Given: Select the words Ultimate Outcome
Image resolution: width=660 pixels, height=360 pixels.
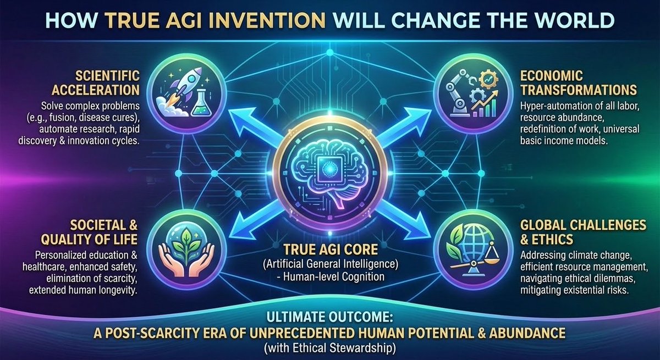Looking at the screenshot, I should (x=329, y=318).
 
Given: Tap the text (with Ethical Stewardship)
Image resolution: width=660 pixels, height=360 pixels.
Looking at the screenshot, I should (x=330, y=347).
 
